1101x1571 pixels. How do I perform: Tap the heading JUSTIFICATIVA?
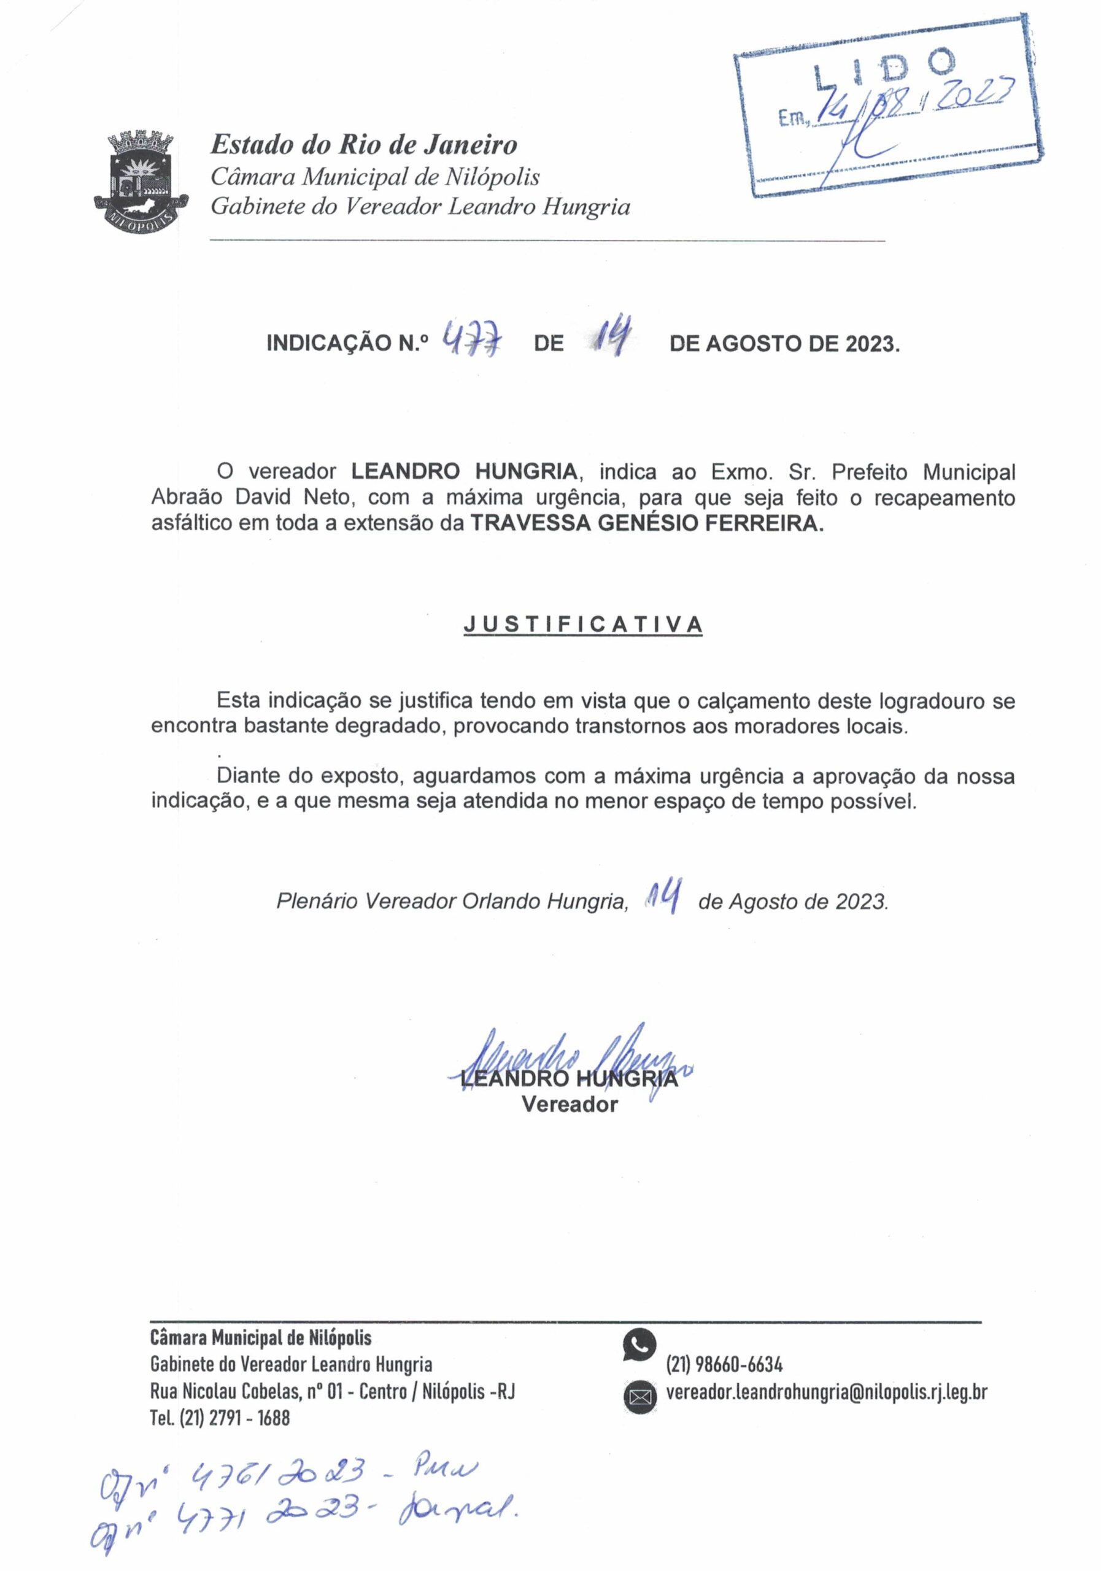click(x=582, y=625)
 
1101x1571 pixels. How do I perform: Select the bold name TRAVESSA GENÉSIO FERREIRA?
click(x=647, y=523)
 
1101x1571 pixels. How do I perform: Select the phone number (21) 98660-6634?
click(x=724, y=1365)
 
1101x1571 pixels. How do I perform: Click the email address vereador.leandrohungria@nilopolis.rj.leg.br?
click(x=826, y=1392)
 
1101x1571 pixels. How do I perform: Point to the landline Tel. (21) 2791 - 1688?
click(x=220, y=1417)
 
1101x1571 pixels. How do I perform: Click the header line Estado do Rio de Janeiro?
click(x=363, y=145)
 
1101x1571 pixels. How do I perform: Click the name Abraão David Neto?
click(x=250, y=498)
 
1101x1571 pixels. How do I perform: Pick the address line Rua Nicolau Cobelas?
click(x=332, y=1391)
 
